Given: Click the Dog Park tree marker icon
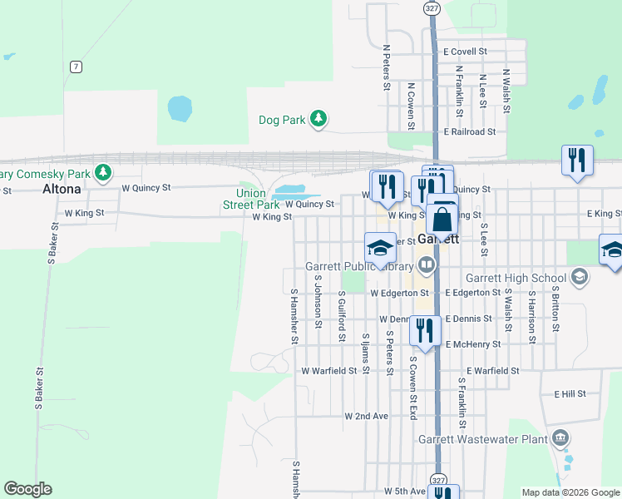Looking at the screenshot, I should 318,120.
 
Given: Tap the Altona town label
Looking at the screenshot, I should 62,189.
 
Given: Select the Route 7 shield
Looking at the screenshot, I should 76,67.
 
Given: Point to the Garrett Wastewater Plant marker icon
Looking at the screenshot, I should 560,437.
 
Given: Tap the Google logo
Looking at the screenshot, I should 27,489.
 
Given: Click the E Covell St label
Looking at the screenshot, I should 465,52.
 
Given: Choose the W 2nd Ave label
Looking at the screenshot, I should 366,415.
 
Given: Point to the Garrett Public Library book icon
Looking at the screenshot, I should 427,266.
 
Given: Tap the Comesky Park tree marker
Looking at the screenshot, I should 102,173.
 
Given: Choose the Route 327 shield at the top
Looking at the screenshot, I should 431,7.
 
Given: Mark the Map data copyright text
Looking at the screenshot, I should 570,492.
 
